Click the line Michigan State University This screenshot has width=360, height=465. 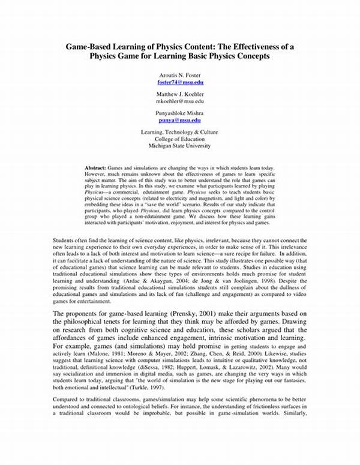[181, 145]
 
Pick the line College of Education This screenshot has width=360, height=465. [181, 139]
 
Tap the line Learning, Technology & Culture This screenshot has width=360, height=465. [181, 131]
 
